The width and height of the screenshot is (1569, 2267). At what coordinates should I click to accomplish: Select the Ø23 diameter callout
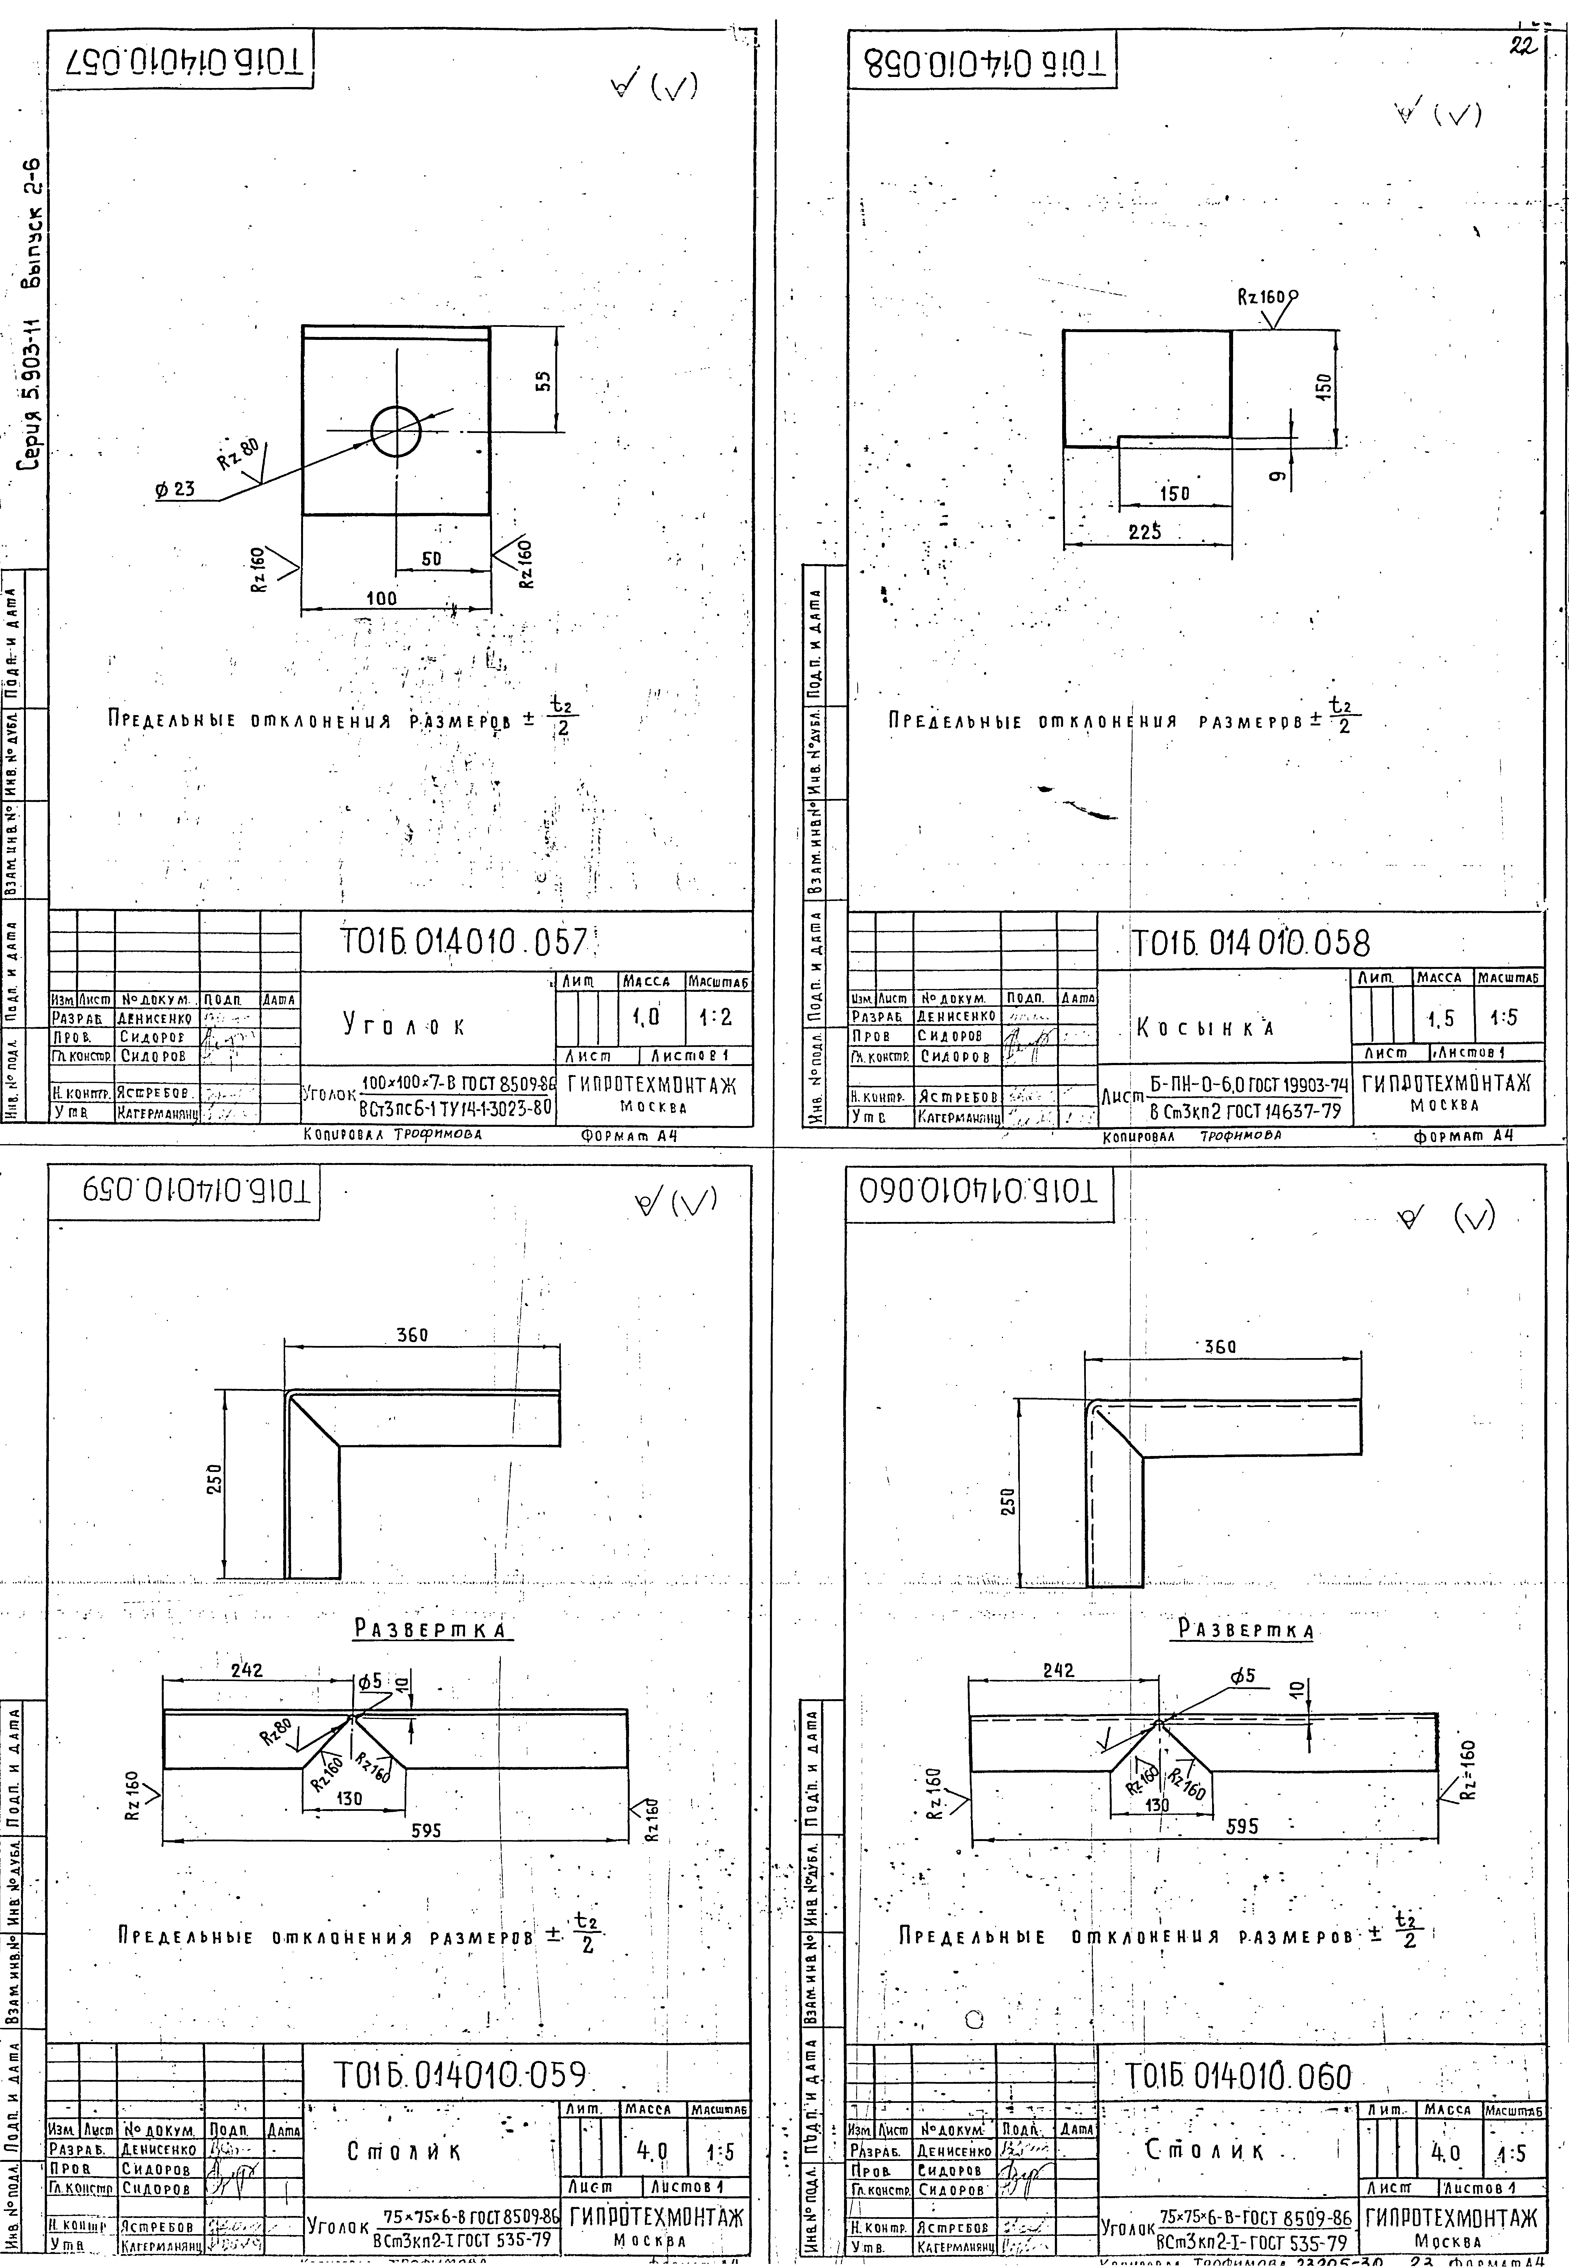[175, 488]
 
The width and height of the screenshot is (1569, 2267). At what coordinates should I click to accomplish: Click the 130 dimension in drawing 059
[349, 1798]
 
